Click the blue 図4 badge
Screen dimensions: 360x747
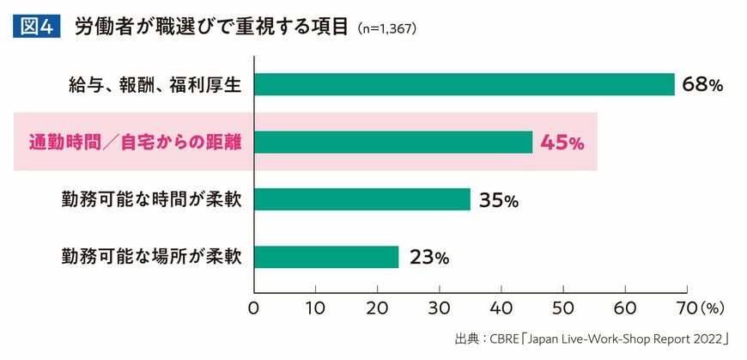click(35, 27)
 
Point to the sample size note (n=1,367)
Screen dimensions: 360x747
click(388, 28)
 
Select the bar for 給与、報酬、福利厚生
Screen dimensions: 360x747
click(465, 84)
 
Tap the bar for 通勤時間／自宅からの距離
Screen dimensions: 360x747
click(393, 142)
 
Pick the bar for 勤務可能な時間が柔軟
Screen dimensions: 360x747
click(362, 199)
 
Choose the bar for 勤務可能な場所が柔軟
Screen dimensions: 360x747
click(326, 257)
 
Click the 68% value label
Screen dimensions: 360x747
click(703, 84)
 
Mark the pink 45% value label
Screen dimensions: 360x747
click(562, 143)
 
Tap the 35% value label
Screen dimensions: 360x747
click(499, 200)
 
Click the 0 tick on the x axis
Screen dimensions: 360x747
click(254, 307)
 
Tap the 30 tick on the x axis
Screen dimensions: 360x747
click(440, 307)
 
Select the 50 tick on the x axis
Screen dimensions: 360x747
click(563, 307)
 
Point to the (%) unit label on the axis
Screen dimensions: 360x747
click(714, 307)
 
